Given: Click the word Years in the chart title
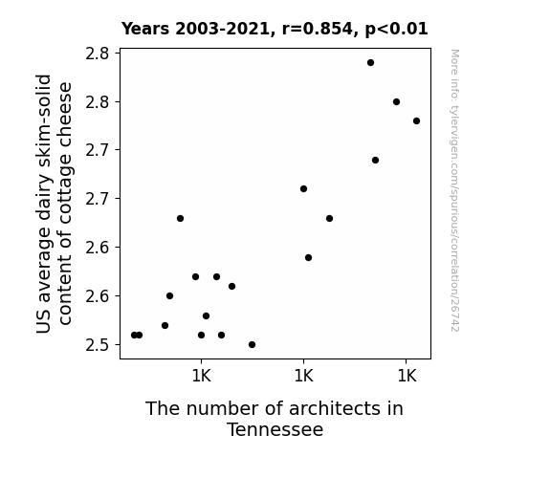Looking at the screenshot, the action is [145, 29].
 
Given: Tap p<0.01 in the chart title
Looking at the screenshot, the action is [396, 30].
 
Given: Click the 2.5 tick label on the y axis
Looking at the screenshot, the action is [98, 345].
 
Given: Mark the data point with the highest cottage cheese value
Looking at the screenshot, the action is [370, 63].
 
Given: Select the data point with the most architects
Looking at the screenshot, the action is [416, 121].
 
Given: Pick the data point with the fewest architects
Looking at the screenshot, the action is [134, 335].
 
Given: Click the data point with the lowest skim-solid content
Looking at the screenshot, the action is [252, 345].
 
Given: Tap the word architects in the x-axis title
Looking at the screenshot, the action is [334, 408].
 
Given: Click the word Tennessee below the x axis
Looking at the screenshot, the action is [275, 429].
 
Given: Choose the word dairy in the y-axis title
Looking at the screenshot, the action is [44, 197].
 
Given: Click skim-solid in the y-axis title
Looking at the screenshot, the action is [44, 121].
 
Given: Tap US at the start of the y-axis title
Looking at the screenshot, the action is [44, 322].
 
